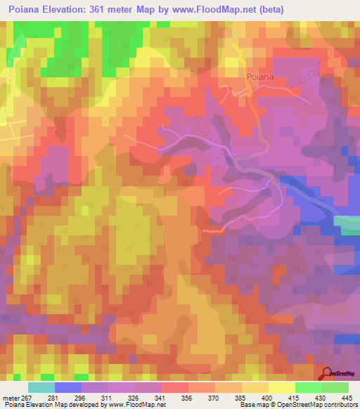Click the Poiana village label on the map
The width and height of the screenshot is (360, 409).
(259, 79)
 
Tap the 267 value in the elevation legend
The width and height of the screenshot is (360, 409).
(28, 397)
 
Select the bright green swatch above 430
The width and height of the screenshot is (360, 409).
(308, 387)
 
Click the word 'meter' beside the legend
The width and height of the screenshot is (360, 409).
(10, 397)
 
